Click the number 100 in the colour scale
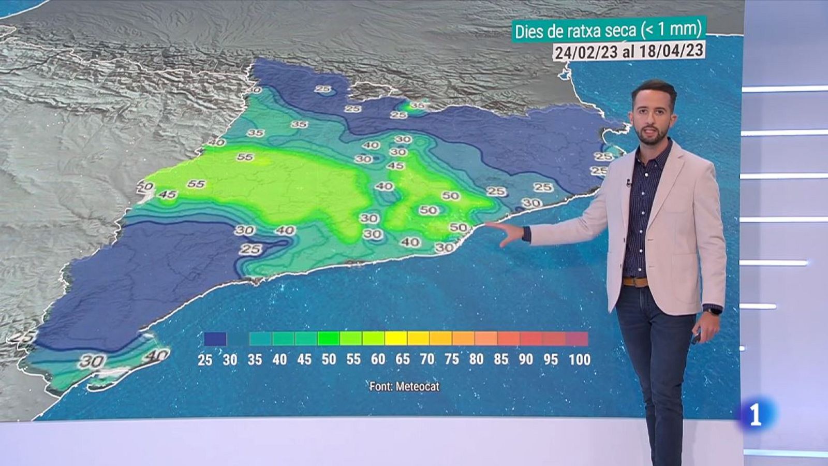[579, 359]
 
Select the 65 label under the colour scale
[403, 359]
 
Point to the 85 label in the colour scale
[501, 359]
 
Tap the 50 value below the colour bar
[329, 359]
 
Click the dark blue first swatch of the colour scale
[215, 339]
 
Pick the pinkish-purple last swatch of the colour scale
[576, 339]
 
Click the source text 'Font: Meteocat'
[404, 386]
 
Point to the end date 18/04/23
[673, 50]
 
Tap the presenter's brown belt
[634, 282]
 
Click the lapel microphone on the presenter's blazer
[628, 183]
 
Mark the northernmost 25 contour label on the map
[323, 89]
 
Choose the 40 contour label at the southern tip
[156, 356]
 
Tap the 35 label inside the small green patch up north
[417, 106]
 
